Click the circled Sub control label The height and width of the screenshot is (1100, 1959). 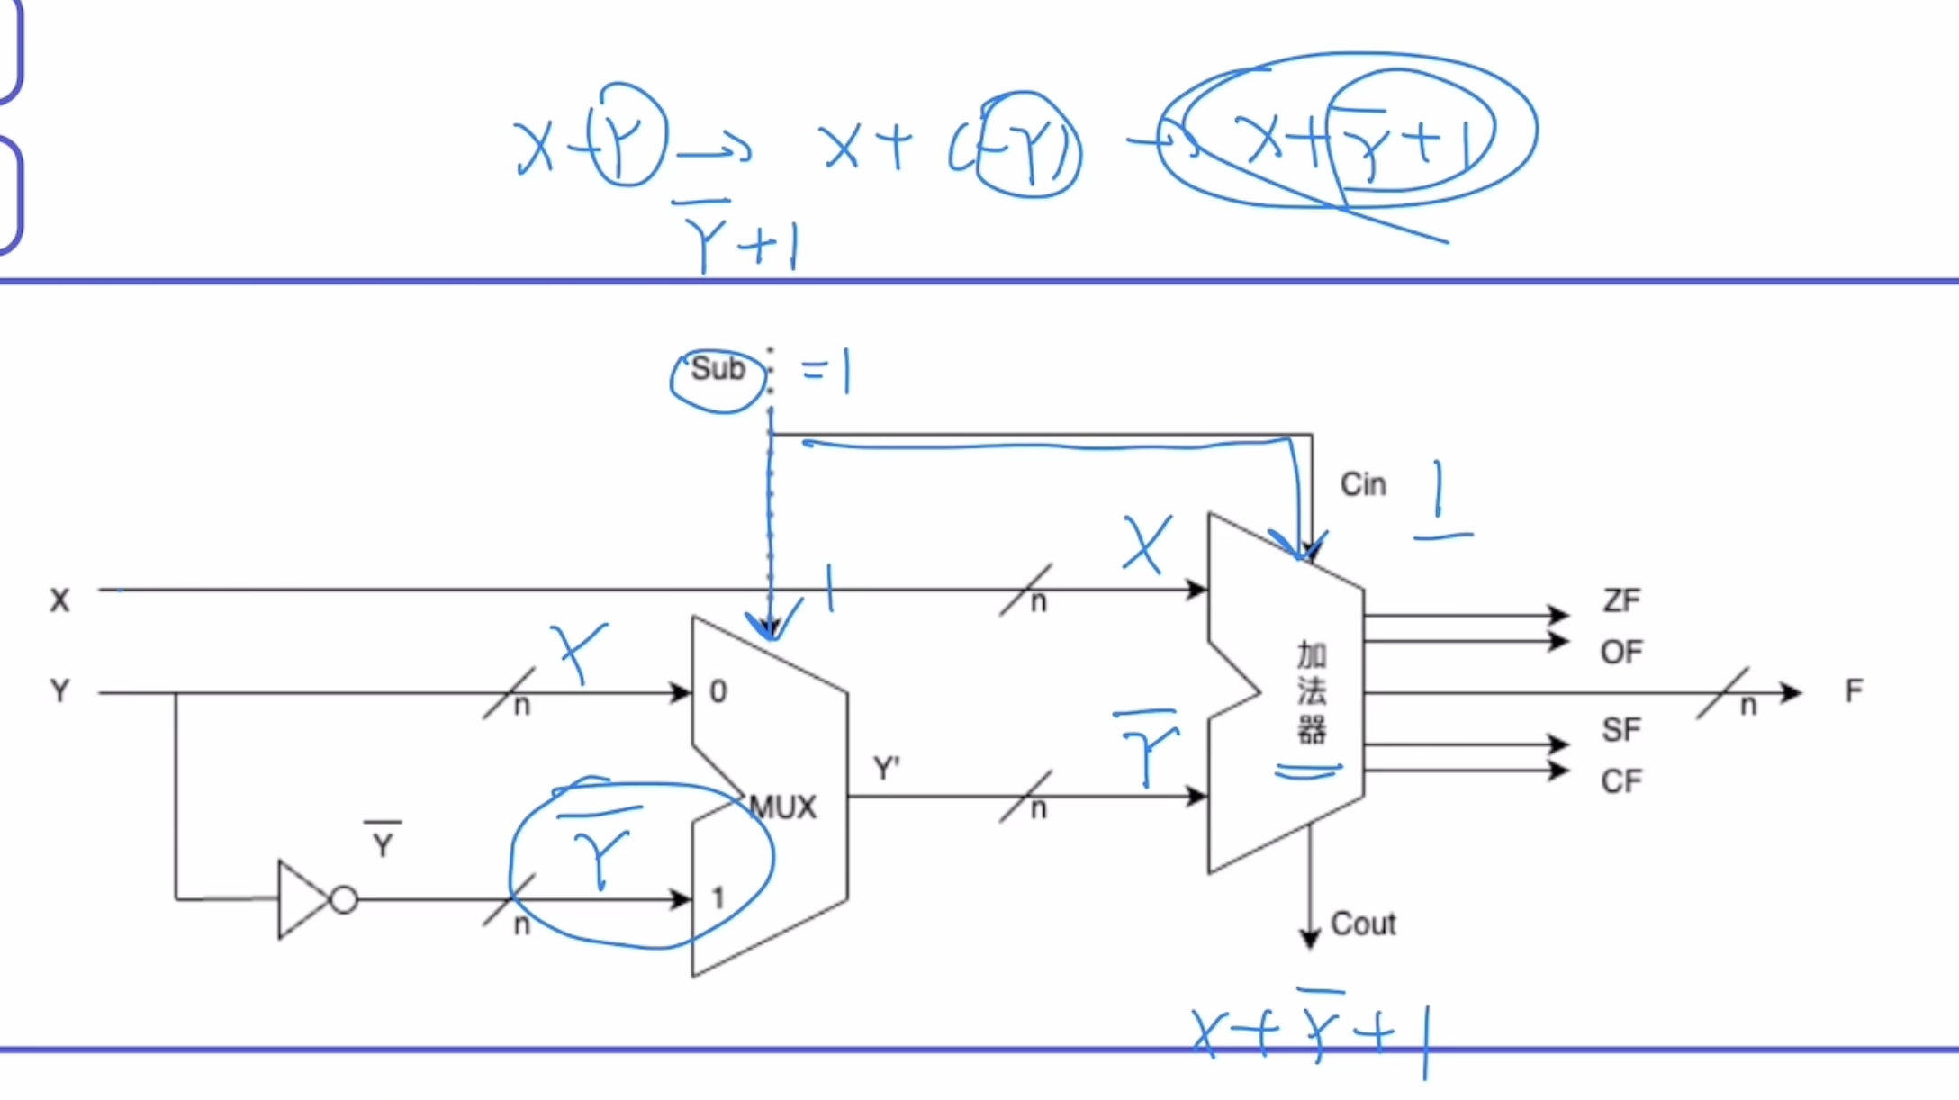tap(718, 369)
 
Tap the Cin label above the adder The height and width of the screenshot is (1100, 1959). tap(1363, 484)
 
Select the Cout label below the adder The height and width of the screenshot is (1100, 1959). tap(1363, 924)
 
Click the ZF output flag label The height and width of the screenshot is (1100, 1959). tap(1621, 600)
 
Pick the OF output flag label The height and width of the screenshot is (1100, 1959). tap(1621, 652)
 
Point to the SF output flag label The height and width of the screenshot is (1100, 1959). tap(1621, 729)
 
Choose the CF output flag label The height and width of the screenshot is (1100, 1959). tap(1621, 781)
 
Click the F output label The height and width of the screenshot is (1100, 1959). tap(1854, 691)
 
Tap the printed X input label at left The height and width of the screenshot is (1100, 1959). tap(59, 600)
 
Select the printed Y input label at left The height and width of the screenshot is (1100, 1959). tap(59, 691)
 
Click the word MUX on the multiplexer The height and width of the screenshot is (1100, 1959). tap(783, 807)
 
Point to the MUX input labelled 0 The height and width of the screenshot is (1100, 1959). tap(718, 691)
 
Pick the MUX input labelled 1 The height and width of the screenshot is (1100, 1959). tap(718, 897)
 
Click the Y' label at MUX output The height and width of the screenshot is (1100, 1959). tap(887, 769)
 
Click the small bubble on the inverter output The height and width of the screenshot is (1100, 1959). tap(344, 899)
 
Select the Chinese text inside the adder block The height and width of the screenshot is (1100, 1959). tap(1312, 691)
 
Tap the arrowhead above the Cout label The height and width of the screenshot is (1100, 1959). tap(1310, 939)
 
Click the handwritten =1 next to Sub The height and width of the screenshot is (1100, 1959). tap(826, 371)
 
